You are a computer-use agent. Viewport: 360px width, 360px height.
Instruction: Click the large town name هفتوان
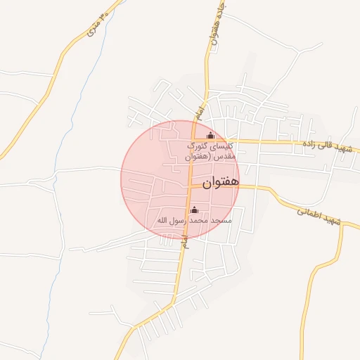220,183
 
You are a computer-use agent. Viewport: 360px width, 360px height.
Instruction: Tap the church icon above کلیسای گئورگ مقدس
210,136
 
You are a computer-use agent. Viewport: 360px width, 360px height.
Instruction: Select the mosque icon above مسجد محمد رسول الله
195,210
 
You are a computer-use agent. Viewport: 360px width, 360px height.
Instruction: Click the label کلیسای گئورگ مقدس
209,150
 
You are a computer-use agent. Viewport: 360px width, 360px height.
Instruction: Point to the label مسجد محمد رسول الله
194,221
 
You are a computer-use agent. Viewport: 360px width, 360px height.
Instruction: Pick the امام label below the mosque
184,240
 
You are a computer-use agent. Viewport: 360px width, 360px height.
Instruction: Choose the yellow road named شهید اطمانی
295,204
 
